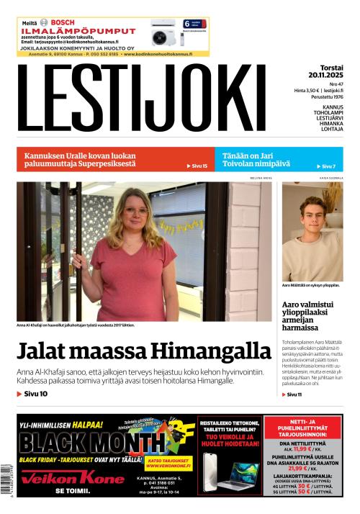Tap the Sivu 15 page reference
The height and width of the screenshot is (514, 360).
[x=197, y=166]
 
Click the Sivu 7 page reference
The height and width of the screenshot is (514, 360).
[x=328, y=166]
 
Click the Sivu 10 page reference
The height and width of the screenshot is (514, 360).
[x=32, y=394]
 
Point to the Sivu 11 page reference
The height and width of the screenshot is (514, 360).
[x=294, y=394]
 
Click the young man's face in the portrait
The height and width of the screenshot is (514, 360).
[x=312, y=217]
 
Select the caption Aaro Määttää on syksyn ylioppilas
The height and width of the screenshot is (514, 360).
[x=311, y=285]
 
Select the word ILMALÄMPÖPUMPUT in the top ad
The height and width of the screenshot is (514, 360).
[x=78, y=32]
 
